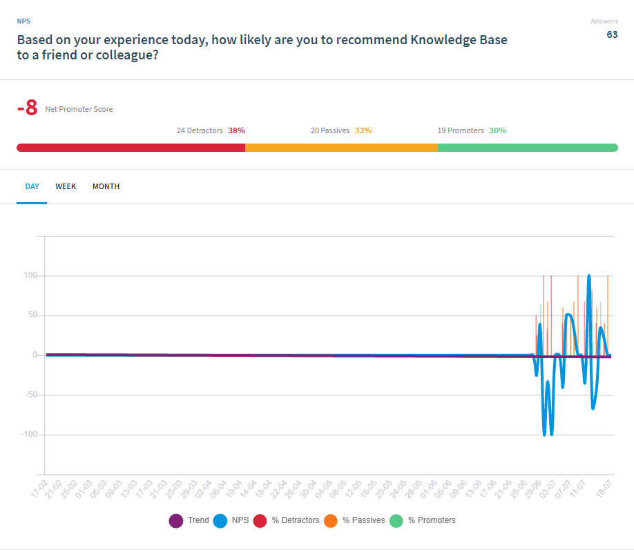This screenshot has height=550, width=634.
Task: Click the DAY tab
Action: click(x=32, y=186)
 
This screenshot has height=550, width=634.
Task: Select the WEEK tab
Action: click(x=66, y=186)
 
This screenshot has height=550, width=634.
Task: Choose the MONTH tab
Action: click(x=106, y=186)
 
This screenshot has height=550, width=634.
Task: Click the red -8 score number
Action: click(x=27, y=108)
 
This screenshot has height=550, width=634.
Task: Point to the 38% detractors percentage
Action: click(x=236, y=130)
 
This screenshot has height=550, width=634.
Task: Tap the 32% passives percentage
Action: click(x=363, y=130)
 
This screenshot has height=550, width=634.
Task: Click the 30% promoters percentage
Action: click(x=497, y=130)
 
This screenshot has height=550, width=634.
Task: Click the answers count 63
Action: click(x=612, y=35)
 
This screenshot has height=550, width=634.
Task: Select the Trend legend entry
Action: click(x=190, y=520)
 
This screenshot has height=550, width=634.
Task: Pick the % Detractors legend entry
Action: click(x=287, y=520)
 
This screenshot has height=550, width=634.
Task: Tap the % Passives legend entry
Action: click(x=356, y=520)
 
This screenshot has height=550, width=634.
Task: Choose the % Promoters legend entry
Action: click(x=423, y=520)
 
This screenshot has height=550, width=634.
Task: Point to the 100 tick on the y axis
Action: click(x=30, y=276)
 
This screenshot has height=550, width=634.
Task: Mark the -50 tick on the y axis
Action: click(x=29, y=395)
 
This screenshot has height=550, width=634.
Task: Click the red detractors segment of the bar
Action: click(x=131, y=148)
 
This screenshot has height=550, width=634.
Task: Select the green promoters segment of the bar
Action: click(x=527, y=148)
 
